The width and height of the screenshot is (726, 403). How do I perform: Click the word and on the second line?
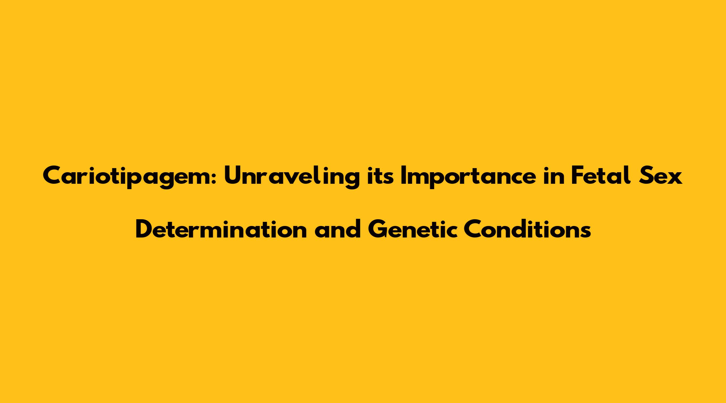tap(338, 228)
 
